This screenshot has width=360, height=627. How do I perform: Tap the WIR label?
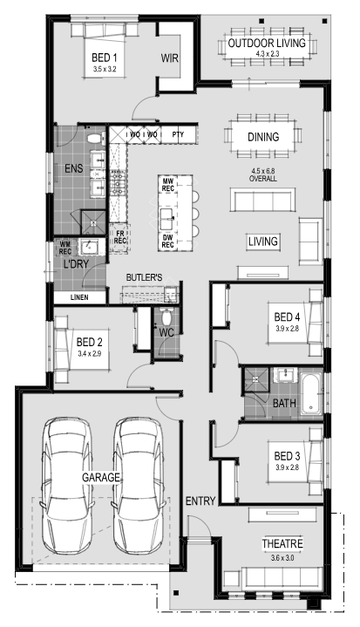click(169, 58)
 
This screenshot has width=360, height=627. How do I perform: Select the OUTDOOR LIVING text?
click(267, 43)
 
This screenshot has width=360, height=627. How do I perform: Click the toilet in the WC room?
click(165, 317)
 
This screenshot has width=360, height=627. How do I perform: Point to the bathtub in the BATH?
click(311, 394)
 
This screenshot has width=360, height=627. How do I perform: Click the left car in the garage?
click(67, 486)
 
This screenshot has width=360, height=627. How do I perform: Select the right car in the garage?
click(139, 486)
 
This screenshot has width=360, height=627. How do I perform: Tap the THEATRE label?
click(282, 544)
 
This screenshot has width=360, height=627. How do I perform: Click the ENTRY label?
click(200, 501)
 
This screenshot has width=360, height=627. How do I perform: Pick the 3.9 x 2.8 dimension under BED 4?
click(288, 329)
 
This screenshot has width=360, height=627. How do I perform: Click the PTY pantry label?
click(178, 134)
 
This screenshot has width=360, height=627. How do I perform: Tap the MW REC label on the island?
click(168, 185)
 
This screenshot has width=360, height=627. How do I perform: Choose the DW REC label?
click(168, 241)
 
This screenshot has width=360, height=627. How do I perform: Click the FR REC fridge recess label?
click(120, 237)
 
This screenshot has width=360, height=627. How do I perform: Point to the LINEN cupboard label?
click(79, 297)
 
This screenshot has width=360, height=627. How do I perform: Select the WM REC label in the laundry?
click(65, 248)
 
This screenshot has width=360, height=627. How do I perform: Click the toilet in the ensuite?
click(96, 139)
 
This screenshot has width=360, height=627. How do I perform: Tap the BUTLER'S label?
click(144, 277)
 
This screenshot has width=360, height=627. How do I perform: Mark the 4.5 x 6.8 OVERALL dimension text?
click(263, 175)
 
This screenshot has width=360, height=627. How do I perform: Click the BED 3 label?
click(287, 456)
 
